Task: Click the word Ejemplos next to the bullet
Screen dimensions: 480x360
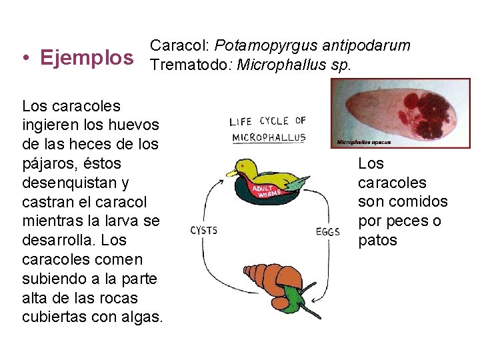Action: [87, 57]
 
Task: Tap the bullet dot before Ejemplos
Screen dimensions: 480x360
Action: [24, 58]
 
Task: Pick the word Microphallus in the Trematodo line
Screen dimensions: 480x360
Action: [279, 65]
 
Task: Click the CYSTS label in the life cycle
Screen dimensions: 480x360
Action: [204, 231]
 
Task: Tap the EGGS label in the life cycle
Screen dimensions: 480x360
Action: [327, 232]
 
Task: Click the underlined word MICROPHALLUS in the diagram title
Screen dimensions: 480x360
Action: [269, 138]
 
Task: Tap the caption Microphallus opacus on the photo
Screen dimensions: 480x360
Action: [363, 142]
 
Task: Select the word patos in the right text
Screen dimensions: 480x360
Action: [377, 240]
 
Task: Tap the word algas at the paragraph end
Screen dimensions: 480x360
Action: [145, 317]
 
